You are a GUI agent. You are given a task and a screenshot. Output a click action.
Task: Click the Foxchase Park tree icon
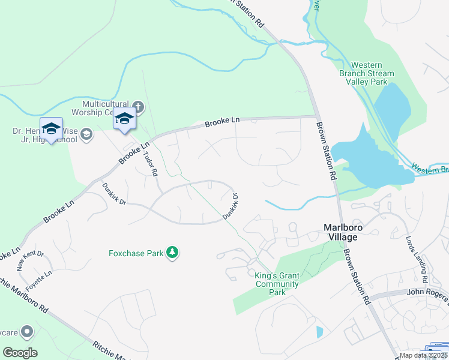[x=173, y=253]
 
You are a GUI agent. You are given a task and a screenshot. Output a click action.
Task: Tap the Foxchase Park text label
[x=136, y=253]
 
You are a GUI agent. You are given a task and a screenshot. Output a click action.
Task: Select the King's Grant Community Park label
[x=277, y=284]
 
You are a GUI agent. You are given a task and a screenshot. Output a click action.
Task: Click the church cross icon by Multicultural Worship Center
[x=137, y=107]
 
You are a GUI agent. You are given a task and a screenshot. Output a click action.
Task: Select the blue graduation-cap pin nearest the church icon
[x=125, y=118]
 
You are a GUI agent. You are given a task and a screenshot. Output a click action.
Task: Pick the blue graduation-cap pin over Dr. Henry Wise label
[x=52, y=128]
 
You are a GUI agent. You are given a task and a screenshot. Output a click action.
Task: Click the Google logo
[x=20, y=353]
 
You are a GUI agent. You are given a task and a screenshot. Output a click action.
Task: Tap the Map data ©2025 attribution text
[x=424, y=355]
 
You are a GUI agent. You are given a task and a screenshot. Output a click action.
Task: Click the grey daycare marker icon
[x=26, y=331]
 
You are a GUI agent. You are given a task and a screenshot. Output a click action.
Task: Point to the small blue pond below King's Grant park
[x=319, y=332]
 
